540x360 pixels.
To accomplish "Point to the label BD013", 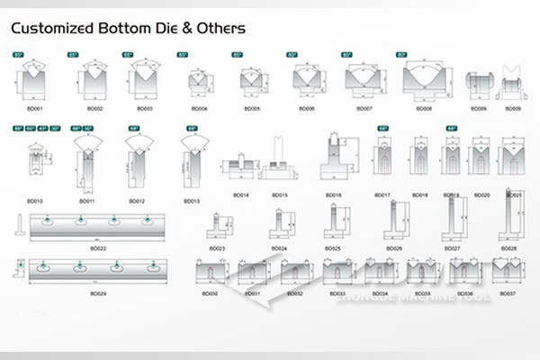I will [x=192, y=201].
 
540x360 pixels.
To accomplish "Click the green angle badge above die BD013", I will [x=192, y=130].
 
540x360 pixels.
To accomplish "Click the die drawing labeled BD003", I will [x=144, y=85].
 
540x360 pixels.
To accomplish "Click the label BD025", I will [x=333, y=247].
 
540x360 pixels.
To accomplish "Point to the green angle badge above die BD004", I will [x=183, y=56].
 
